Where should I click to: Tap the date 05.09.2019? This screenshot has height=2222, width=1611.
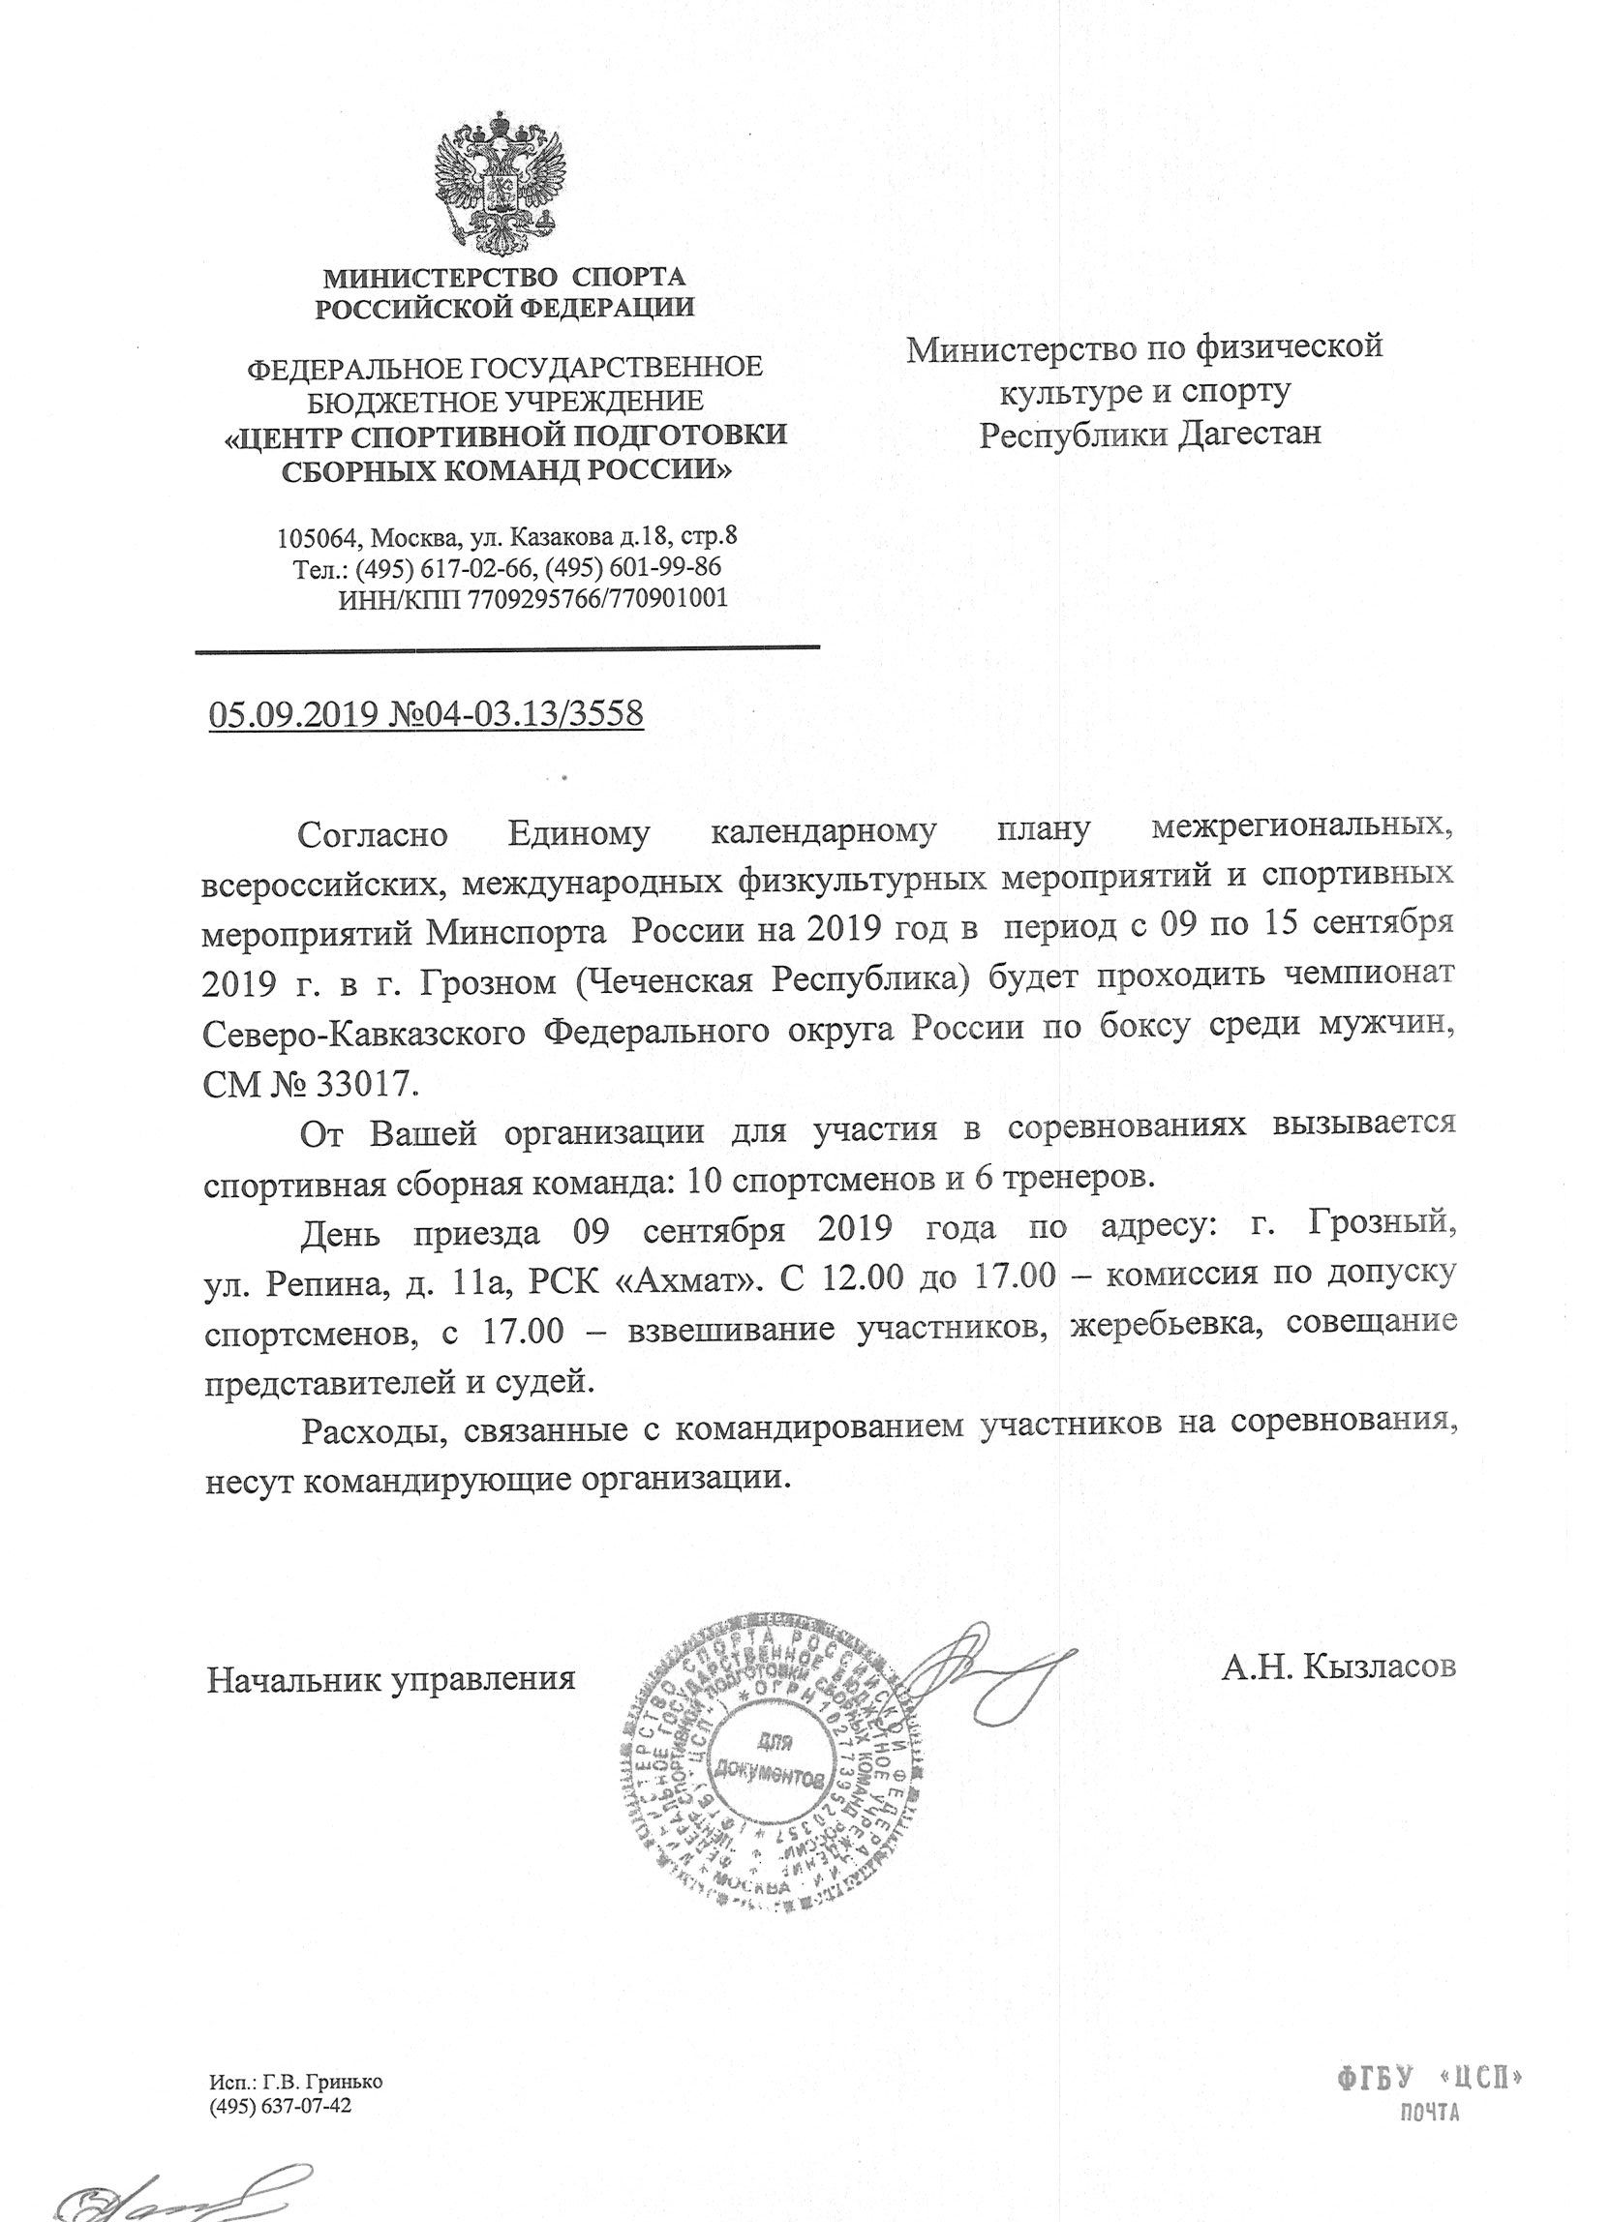click(x=292, y=713)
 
